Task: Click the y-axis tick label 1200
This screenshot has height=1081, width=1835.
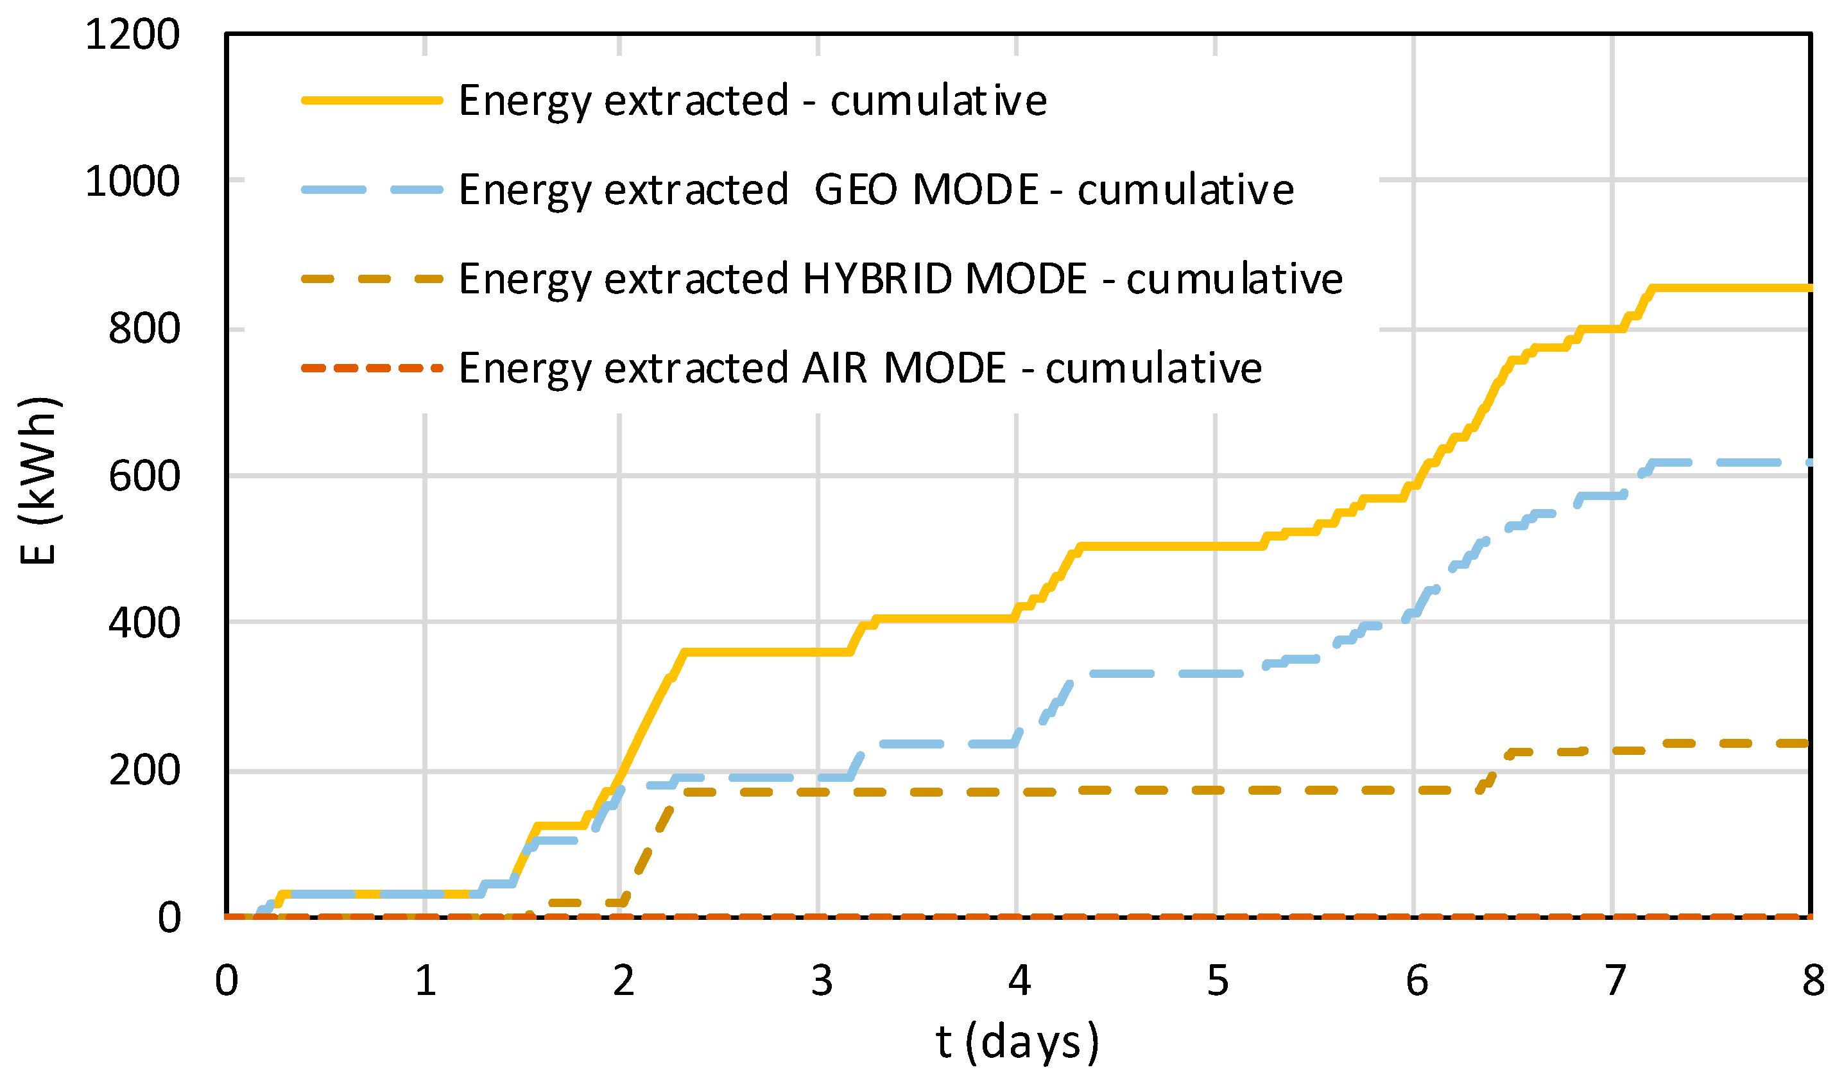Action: tap(132, 34)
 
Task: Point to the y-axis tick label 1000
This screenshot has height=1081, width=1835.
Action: tap(132, 182)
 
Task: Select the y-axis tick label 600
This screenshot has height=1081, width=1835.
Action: tap(144, 476)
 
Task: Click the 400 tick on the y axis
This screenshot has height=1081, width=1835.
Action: tap(144, 623)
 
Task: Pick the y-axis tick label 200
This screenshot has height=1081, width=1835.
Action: tap(144, 771)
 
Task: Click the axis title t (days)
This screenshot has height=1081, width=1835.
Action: tap(1017, 1042)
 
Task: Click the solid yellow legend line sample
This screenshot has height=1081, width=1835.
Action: tap(372, 101)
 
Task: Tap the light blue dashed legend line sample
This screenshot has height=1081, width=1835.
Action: tap(372, 190)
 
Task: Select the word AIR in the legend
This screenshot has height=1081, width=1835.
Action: tap(834, 368)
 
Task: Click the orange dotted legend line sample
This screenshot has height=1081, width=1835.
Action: tap(372, 368)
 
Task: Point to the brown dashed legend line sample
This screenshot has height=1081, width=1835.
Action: tap(372, 279)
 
